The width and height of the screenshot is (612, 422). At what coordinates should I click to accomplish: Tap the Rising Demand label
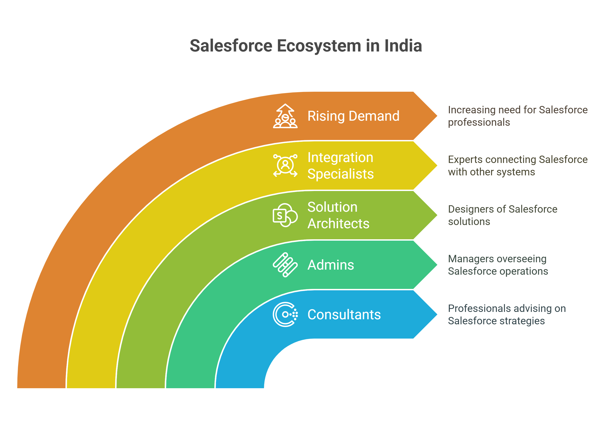pos(353,116)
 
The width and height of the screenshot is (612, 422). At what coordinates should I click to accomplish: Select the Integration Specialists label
pos(341,165)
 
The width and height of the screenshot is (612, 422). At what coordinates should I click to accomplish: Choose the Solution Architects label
pos(338,215)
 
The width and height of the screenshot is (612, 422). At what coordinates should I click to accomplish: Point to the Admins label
pos(331,265)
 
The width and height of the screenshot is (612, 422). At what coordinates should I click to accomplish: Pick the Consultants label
pos(344,315)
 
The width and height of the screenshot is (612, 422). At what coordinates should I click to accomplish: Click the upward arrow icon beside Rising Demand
pos(285,116)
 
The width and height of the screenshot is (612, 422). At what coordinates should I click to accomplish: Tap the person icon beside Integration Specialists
pos(285,165)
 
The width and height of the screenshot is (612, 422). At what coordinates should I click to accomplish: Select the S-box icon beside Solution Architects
pos(285,215)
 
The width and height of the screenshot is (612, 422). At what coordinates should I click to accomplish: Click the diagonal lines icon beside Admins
pos(285,265)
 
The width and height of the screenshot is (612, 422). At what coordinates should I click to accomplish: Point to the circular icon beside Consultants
pos(285,315)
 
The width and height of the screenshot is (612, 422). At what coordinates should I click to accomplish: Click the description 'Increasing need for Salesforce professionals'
pos(518,116)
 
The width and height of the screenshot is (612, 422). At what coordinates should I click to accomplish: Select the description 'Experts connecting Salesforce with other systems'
pos(518,166)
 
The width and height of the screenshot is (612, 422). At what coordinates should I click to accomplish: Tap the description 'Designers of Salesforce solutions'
pos(503,215)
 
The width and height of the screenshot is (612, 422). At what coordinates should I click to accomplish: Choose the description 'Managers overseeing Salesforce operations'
pos(498,265)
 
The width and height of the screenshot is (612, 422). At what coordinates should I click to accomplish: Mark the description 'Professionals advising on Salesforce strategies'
pos(507,315)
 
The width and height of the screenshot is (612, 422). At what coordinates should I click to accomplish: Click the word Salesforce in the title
pos(231,46)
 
